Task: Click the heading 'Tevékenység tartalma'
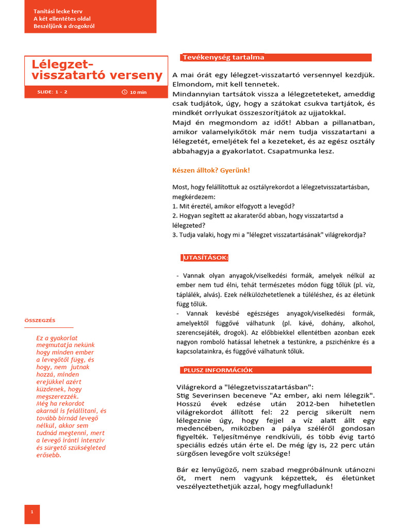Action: pos(223,58)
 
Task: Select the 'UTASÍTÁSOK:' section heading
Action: pos(205,258)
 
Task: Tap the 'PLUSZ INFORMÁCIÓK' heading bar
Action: pos(218,370)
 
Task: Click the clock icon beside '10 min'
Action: pos(124,92)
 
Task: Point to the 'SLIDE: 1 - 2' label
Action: pos(53,92)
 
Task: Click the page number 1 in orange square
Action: pos(32,511)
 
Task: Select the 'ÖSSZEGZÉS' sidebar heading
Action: pos(40,320)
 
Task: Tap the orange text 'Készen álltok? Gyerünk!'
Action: pos(211,170)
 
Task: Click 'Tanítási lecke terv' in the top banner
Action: pos(58,11)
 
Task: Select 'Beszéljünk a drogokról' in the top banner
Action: pos(64,26)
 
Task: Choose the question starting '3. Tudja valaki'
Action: pos(269,235)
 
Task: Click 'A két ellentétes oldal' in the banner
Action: pos(62,19)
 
